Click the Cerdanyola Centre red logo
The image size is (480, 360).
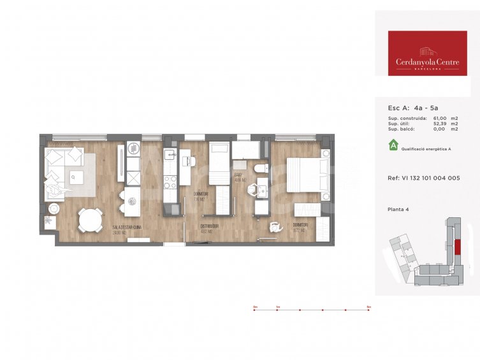pyautogui.click(x=427, y=54)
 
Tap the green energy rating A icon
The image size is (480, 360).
pyautogui.click(x=393, y=146)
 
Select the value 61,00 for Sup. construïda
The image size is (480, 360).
pyautogui.click(x=440, y=119)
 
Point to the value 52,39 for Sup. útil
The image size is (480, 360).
pyautogui.click(x=440, y=124)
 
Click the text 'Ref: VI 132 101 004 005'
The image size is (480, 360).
pyautogui.click(x=423, y=178)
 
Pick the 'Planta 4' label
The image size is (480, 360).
pyautogui.click(x=399, y=209)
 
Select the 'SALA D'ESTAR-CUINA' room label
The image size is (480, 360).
pyautogui.click(x=127, y=227)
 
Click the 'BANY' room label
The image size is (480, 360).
pyautogui.click(x=240, y=174)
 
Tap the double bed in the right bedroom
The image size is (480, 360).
pyautogui.click(x=307, y=174)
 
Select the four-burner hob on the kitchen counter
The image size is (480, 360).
pyautogui.click(x=170, y=182)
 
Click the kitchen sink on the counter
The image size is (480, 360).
pyautogui.click(x=170, y=154)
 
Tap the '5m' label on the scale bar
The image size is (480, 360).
pyautogui.click(x=368, y=307)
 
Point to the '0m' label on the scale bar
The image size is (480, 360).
pyautogui.click(x=255, y=307)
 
